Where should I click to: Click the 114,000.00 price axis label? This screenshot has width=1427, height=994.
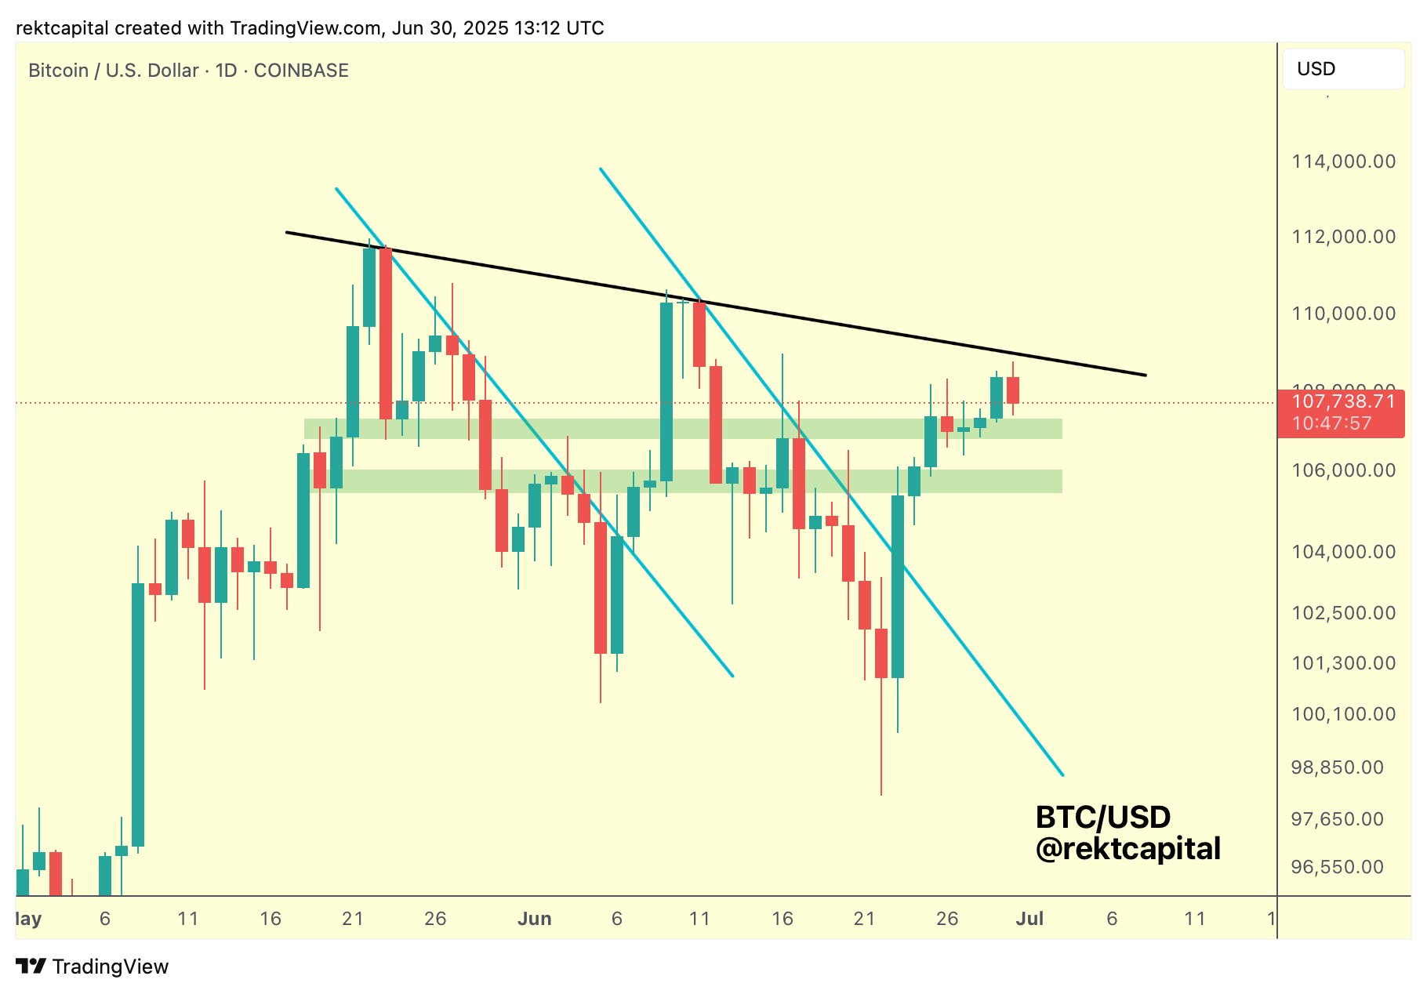1343,161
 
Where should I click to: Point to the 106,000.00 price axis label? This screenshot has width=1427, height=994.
1343,470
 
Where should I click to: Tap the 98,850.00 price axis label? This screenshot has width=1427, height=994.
1337,767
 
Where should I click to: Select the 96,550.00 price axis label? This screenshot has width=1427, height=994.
1337,867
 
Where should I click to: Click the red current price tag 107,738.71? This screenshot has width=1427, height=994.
1343,402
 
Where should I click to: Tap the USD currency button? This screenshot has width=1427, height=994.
1342,69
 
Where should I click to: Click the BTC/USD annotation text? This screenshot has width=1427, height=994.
1102,818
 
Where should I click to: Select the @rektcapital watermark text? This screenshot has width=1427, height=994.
1127,849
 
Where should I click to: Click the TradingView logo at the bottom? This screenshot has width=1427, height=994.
93,967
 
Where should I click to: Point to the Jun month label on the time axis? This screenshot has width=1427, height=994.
534,919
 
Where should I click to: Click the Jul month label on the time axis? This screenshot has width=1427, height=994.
1029,919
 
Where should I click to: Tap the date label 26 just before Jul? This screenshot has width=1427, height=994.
947,919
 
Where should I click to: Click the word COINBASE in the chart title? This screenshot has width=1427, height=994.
301,71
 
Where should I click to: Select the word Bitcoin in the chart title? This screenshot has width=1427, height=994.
58,71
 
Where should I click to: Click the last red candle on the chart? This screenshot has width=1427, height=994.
1013,390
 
